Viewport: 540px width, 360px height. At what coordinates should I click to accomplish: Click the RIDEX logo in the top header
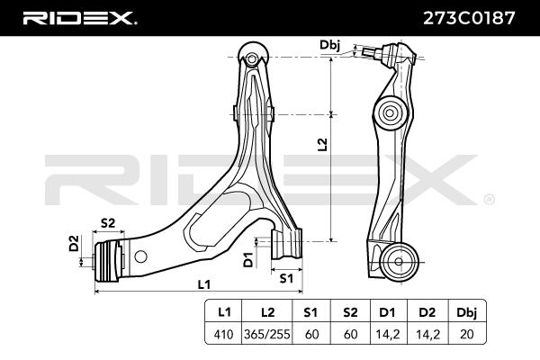pyautogui.click(x=79, y=17)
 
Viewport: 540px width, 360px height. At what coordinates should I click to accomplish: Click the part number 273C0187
pyautogui.click(x=466, y=17)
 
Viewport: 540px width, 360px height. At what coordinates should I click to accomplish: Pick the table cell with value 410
pyautogui.click(x=224, y=333)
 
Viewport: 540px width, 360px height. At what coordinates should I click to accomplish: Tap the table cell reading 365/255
pyautogui.click(x=268, y=333)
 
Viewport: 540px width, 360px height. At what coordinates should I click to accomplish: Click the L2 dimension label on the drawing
pyautogui.click(x=322, y=143)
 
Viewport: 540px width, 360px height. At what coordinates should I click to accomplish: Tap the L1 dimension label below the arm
pyautogui.click(x=203, y=283)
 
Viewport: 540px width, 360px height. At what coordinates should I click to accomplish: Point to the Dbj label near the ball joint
pyautogui.click(x=329, y=44)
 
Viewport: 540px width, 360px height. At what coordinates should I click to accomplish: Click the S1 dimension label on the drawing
pyautogui.click(x=286, y=278)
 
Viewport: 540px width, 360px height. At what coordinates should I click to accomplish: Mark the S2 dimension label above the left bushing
pyautogui.click(x=107, y=222)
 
